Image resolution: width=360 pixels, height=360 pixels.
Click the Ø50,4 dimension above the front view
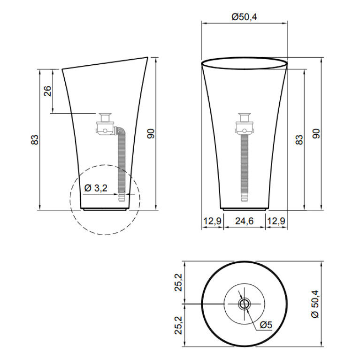[244, 17]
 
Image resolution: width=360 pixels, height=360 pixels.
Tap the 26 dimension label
[47, 91]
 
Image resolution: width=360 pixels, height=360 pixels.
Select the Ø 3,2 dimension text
[96, 188]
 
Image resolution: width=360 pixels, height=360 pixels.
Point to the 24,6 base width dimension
[244, 221]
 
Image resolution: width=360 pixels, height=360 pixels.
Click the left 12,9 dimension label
[212, 221]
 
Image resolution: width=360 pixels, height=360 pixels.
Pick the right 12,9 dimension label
[276, 221]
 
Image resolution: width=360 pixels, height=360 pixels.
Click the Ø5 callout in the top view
[266, 325]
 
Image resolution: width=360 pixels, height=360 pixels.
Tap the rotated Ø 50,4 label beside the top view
[315, 304]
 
